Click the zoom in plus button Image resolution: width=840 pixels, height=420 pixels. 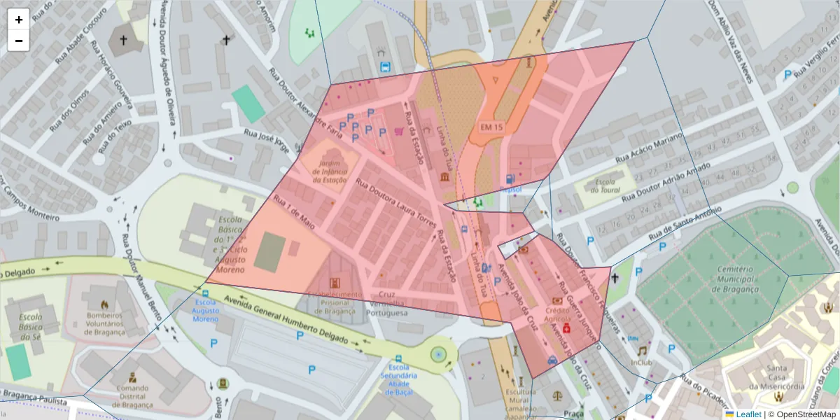coord(19,20)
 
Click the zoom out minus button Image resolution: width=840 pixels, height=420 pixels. coord(19,41)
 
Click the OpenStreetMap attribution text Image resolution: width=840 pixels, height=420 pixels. coord(802,414)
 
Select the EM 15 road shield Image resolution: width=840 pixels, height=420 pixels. coord(492,127)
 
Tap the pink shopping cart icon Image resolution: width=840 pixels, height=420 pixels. coord(398,130)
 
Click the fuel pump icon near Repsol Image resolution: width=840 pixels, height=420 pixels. coord(510,179)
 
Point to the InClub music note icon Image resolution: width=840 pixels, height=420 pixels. coord(641,351)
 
